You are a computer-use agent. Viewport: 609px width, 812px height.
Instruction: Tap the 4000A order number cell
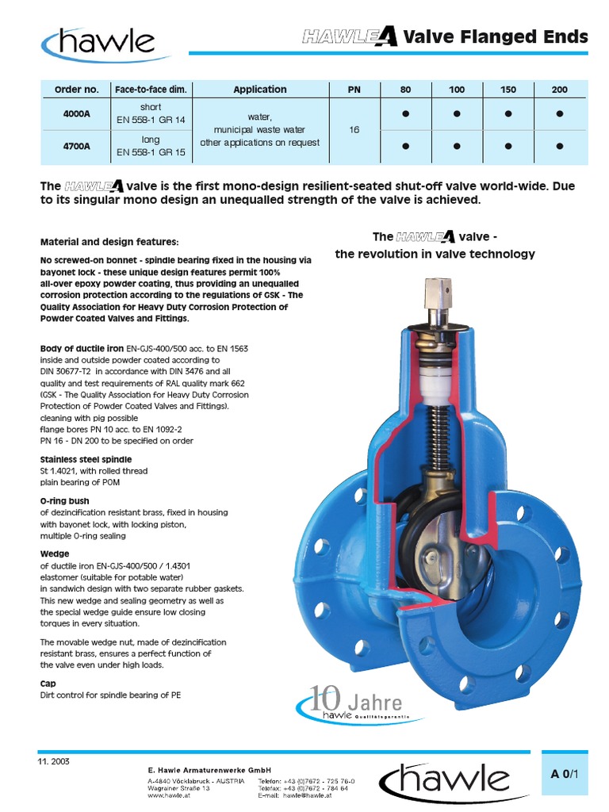coord(77,114)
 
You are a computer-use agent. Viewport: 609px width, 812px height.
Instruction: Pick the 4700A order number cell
coord(77,146)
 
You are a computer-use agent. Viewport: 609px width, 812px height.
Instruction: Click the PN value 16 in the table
coord(353,130)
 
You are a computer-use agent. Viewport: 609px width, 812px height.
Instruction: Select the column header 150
coord(507,90)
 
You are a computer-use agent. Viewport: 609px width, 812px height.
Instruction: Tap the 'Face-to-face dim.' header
coord(151,90)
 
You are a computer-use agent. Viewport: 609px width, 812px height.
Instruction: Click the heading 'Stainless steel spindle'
coord(86,459)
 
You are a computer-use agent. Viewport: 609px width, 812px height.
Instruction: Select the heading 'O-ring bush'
coord(64,501)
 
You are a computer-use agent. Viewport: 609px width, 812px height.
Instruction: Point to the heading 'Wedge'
coord(55,553)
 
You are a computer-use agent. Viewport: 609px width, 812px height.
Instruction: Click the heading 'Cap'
coord(48,682)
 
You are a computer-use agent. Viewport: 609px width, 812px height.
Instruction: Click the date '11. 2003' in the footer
coord(54,760)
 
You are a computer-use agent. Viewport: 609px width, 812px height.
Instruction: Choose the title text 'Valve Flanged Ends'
coord(496,36)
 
